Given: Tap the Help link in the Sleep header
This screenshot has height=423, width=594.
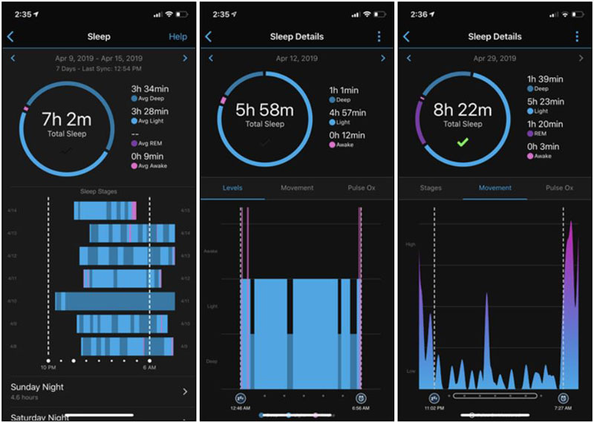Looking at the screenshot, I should click(x=177, y=36).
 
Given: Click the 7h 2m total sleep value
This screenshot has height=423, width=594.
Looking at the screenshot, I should click(x=66, y=119).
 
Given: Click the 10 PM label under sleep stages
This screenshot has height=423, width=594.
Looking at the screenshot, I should click(x=48, y=368).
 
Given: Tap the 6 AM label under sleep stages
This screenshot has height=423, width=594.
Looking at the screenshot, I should click(x=149, y=368).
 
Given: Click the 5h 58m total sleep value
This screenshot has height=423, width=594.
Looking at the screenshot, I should click(x=265, y=111).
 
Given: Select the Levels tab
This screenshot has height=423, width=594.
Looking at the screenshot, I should click(x=232, y=188).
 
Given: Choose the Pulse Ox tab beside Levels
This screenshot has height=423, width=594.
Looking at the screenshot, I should click(x=362, y=188).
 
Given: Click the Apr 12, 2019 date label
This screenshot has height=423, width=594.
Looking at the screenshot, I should click(x=296, y=59).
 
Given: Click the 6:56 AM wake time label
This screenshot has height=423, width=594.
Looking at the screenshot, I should click(x=361, y=408).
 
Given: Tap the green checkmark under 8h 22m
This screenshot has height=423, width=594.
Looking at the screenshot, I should click(x=463, y=142).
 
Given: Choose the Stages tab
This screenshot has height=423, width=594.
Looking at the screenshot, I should click(x=430, y=188).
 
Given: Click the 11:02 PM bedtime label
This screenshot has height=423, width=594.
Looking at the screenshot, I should click(x=434, y=408).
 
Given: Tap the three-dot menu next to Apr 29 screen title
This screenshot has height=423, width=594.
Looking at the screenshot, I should click(x=576, y=36).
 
